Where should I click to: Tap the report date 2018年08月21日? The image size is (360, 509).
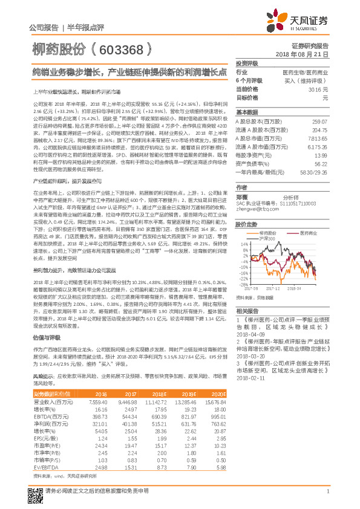[x=302, y=54]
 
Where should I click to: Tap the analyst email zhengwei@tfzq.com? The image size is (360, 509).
[x=255, y=209]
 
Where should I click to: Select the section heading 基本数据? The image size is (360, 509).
[x=247, y=112]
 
